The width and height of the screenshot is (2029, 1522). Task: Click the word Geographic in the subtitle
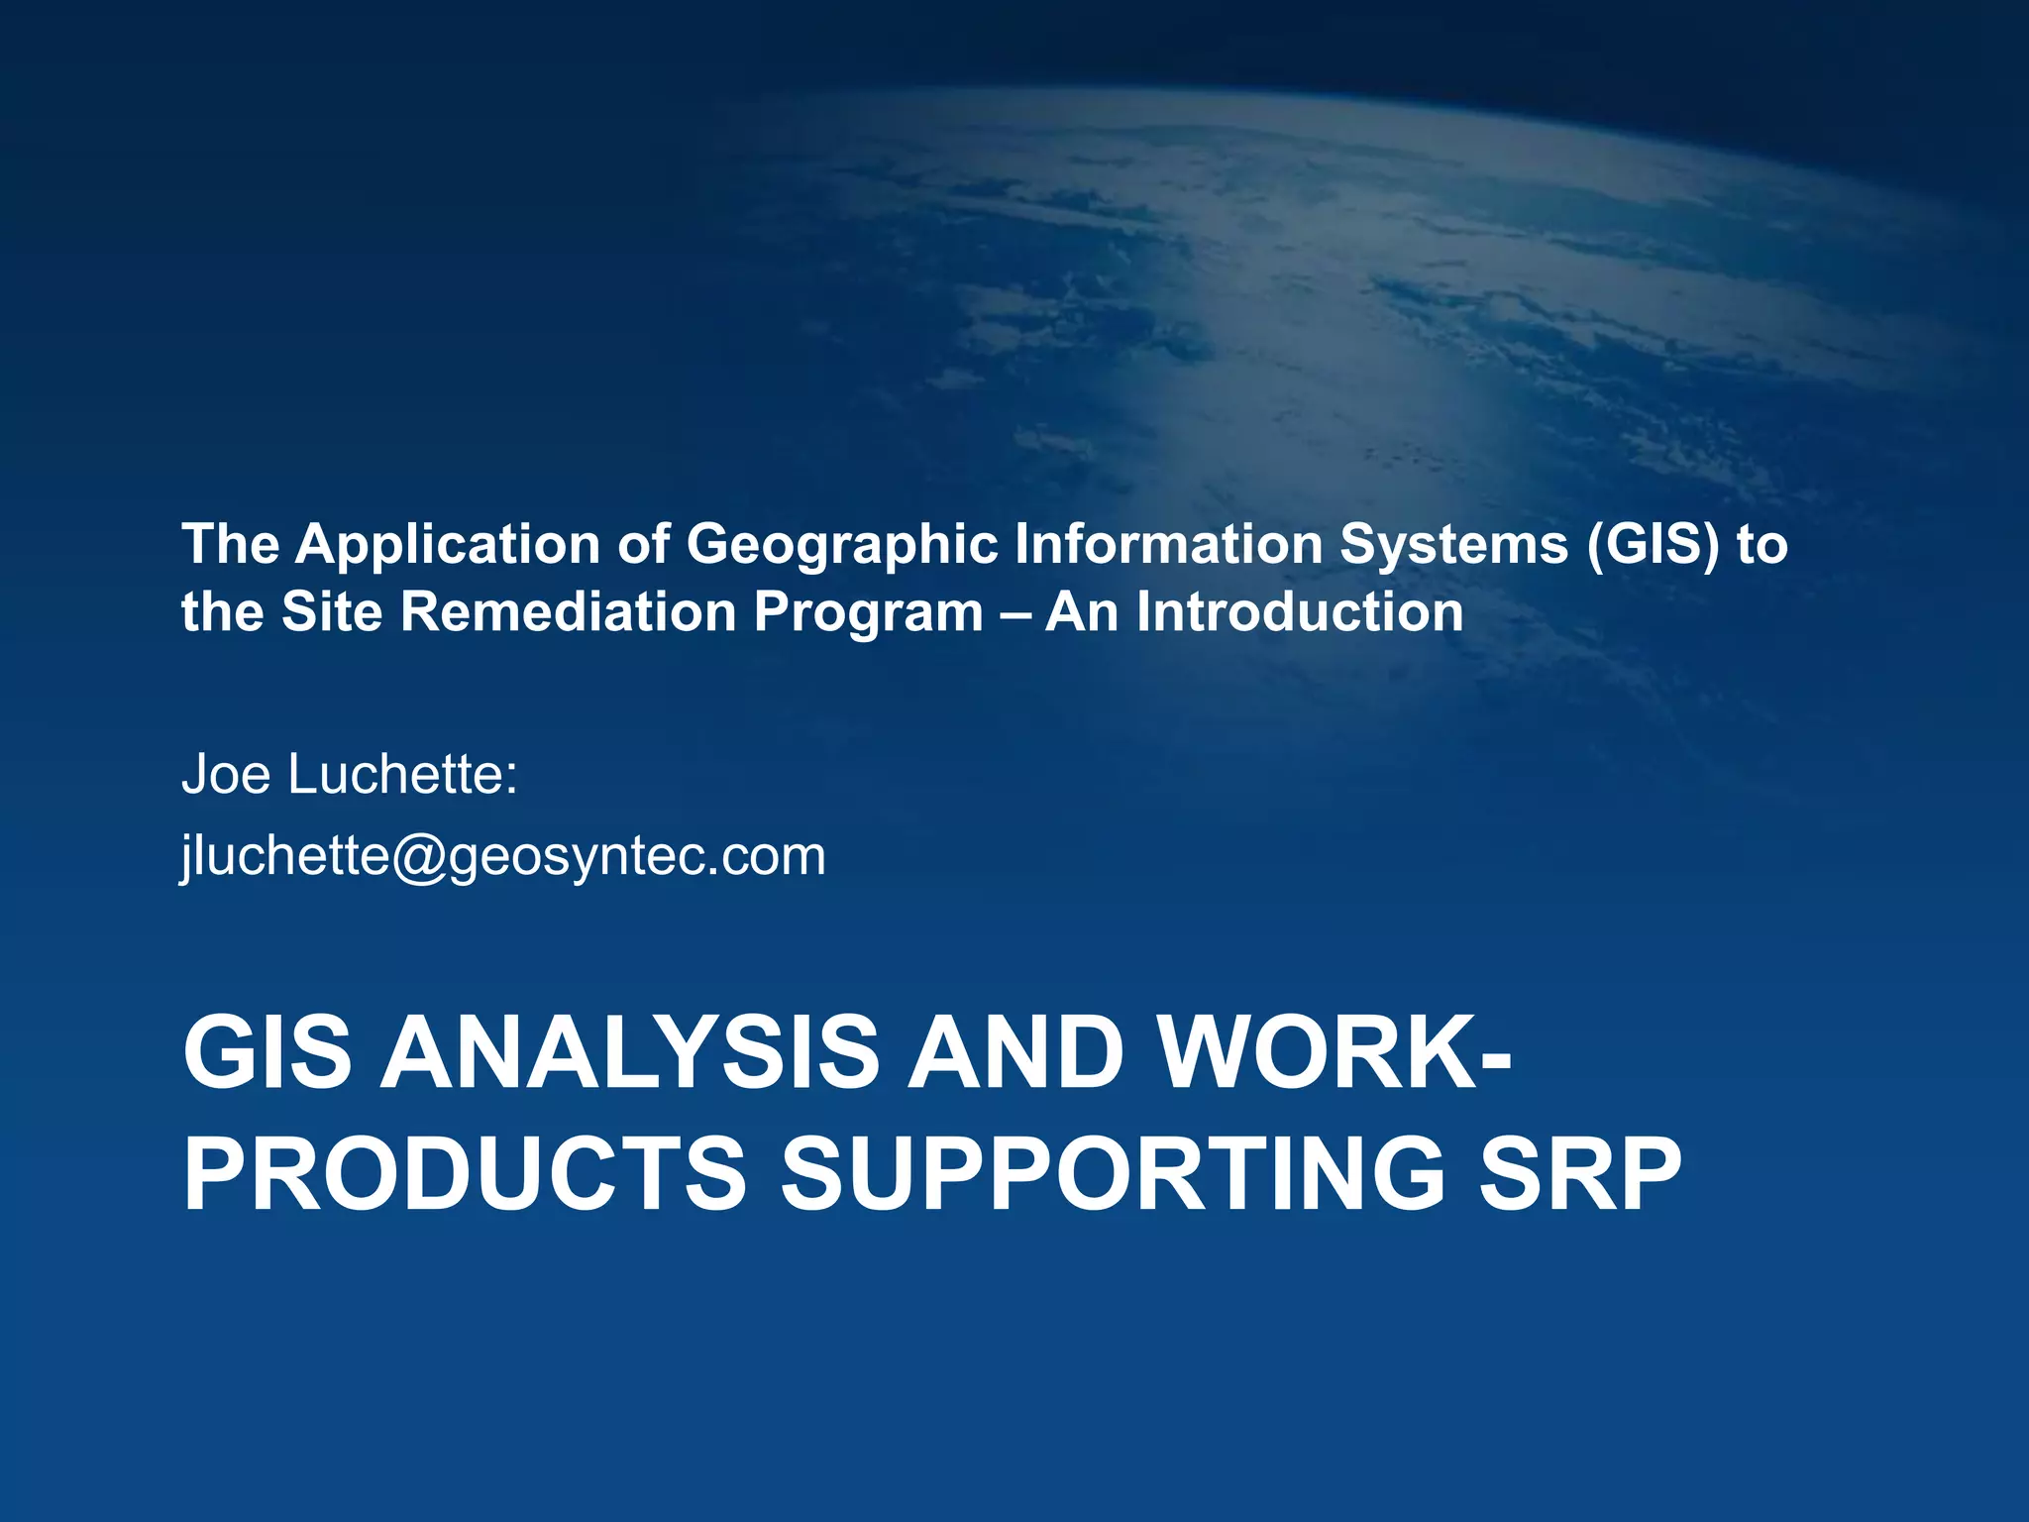coord(842,546)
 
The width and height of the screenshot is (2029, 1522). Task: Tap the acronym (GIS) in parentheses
coord(1653,546)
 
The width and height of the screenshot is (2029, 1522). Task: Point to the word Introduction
coord(1300,611)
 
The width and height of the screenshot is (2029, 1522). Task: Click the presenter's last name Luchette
coord(402,774)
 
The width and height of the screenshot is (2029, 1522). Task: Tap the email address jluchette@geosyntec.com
coord(503,856)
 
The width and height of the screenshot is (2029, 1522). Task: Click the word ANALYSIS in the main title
coord(630,1052)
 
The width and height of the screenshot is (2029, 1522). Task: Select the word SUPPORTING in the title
coord(1113,1173)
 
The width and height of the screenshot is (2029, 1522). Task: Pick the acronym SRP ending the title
coord(1579,1173)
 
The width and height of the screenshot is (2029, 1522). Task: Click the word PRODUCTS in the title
coord(465,1173)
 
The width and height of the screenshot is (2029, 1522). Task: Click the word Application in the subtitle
coord(449,546)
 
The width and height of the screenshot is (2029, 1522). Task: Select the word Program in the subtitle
coord(868,613)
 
